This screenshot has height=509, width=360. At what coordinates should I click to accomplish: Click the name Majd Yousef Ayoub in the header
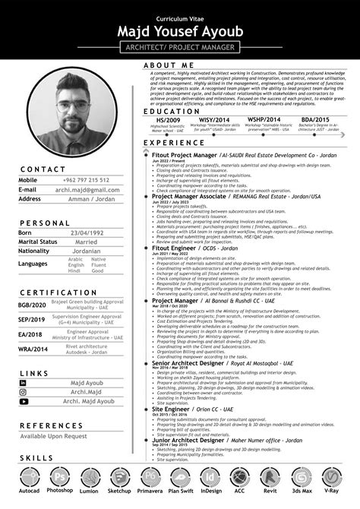click(x=180, y=31)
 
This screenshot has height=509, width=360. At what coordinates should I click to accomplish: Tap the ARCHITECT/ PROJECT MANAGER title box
click(x=180, y=47)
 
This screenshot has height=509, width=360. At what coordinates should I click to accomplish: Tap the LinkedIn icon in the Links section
click(x=24, y=383)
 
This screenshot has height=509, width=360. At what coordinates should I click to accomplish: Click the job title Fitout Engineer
click(x=177, y=248)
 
